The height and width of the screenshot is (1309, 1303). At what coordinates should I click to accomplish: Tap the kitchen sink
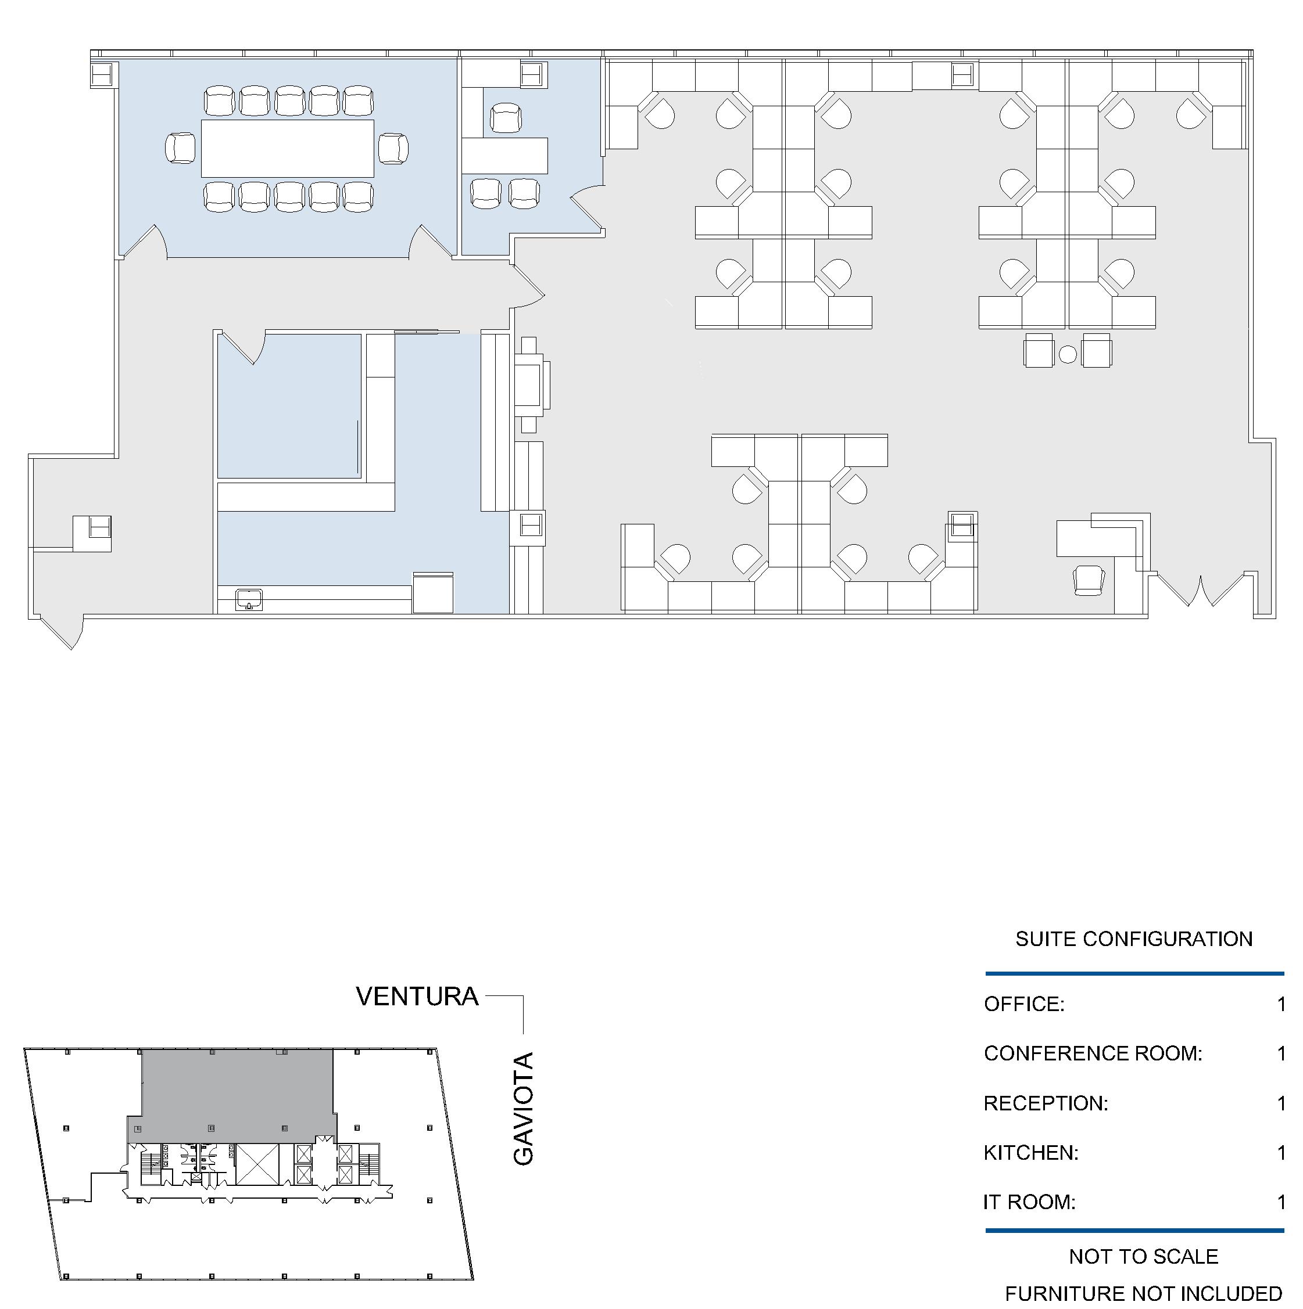click(249, 599)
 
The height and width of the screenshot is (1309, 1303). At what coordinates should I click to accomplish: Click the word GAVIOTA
click(524, 1109)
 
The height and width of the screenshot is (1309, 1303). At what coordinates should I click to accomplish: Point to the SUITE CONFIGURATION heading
click(1133, 939)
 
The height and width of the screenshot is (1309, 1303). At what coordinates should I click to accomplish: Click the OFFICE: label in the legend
click(1023, 1004)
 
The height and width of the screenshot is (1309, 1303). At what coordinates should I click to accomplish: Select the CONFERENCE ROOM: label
click(1093, 1053)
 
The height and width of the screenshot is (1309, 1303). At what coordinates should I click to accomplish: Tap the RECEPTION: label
click(1046, 1103)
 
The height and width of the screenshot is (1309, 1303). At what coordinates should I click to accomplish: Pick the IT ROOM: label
click(1029, 1203)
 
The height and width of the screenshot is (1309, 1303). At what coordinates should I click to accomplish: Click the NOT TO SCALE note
click(1143, 1257)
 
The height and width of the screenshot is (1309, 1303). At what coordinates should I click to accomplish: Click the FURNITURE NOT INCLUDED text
click(1143, 1293)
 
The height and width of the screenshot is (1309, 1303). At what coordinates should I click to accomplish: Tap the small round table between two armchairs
click(1067, 354)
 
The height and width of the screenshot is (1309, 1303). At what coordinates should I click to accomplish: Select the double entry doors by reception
click(1201, 589)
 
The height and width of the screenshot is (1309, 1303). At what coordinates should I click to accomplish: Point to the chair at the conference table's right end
click(393, 149)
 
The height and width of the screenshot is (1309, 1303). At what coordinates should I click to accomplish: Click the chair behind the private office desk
click(504, 118)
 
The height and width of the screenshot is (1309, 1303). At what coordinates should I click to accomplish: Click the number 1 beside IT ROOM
click(1281, 1203)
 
